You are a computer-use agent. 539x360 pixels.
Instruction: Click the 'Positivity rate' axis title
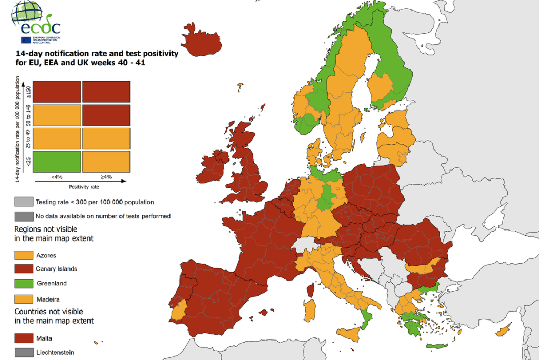tap(84, 186)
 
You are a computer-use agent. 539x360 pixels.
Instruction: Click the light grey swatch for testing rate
tap(23, 202)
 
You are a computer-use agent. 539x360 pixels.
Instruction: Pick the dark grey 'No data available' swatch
tap(23, 216)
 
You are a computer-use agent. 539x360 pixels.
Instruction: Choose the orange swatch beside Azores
tap(23, 255)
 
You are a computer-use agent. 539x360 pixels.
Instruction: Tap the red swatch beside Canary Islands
tap(23, 269)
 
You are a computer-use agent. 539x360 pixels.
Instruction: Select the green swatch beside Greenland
tap(23, 283)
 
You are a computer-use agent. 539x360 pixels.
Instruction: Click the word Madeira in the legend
tap(48, 299)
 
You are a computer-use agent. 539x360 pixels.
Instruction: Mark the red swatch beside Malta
tap(23, 338)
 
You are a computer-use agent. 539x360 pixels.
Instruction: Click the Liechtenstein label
tap(55, 352)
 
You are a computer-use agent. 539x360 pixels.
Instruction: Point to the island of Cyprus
tap(503, 331)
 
